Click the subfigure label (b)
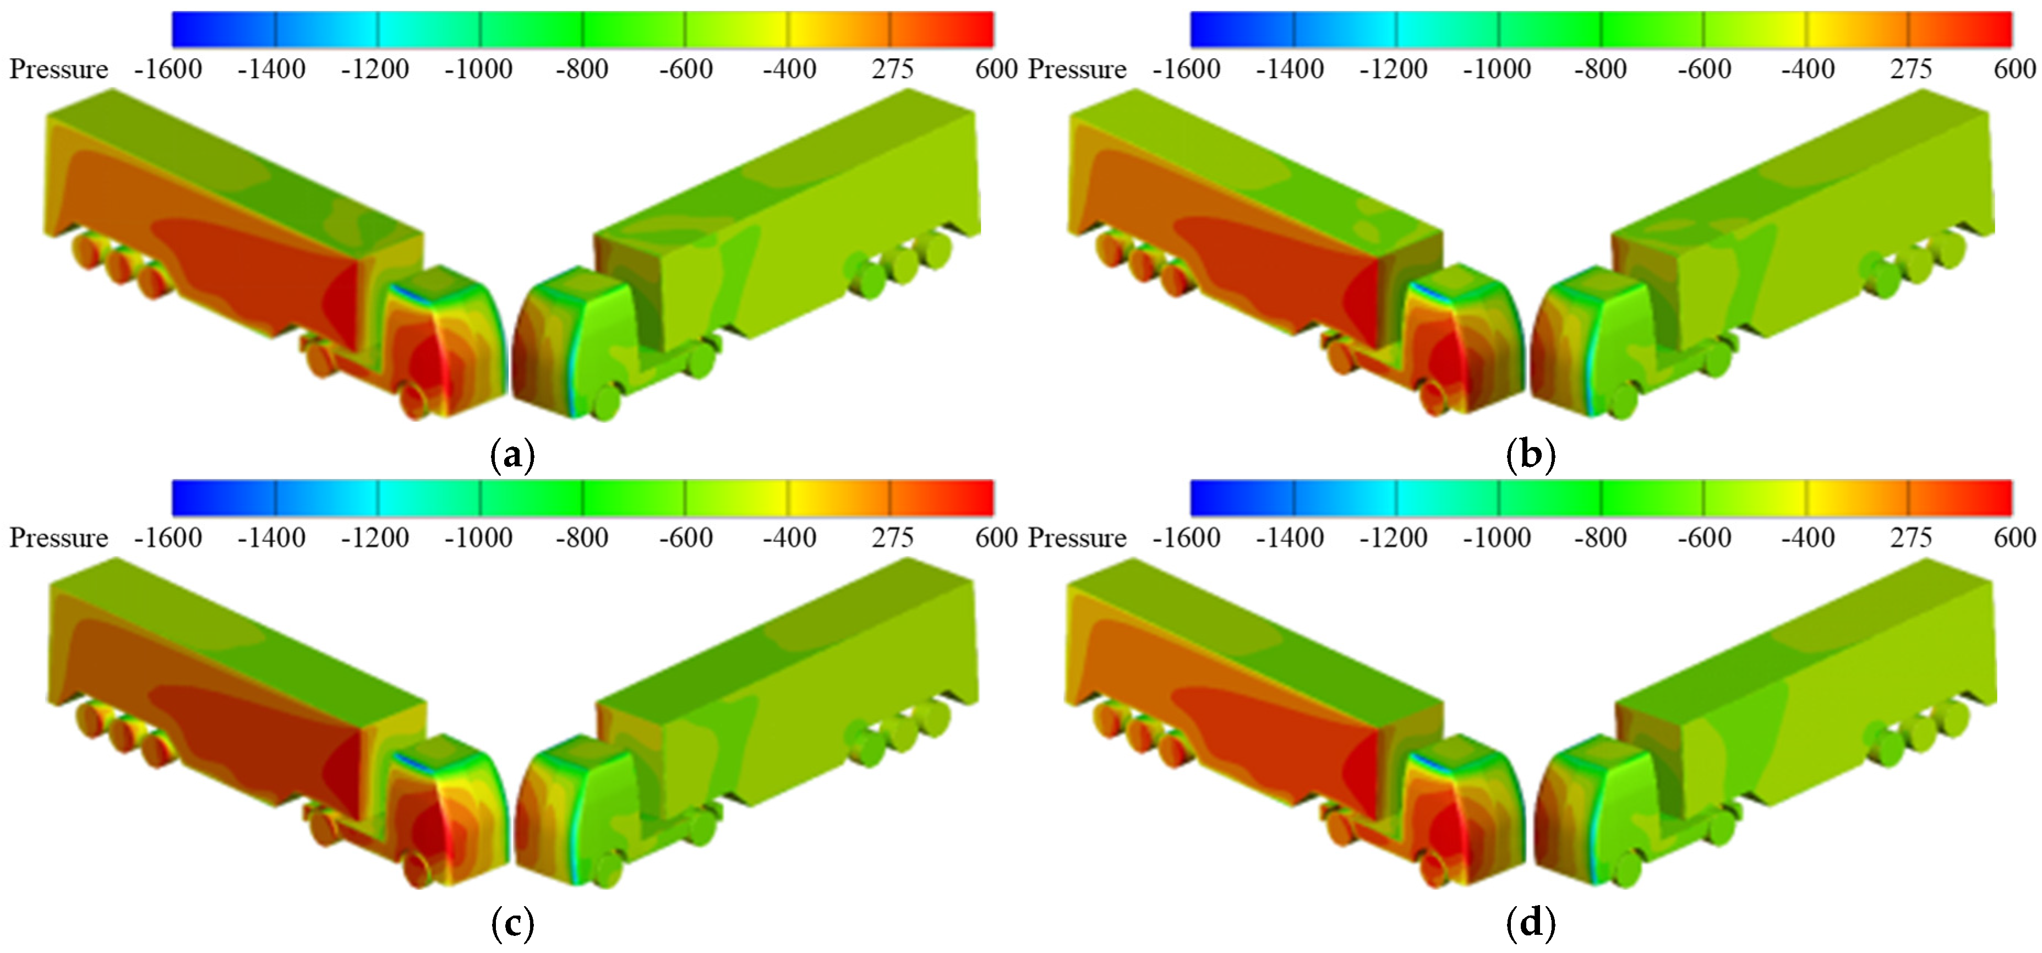[x=1530, y=455]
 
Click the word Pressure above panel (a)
[x=59, y=69]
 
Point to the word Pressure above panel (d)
[x=1077, y=537]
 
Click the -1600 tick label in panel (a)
[x=168, y=69]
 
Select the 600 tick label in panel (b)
[x=2014, y=69]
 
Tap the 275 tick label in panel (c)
[x=893, y=537]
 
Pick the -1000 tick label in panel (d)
[x=1497, y=537]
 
